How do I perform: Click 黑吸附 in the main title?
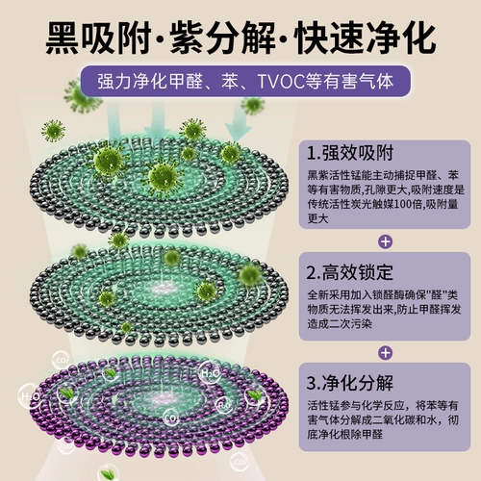[x=98, y=38]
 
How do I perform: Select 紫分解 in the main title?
[x=222, y=38]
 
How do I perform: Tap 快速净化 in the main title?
[x=366, y=38]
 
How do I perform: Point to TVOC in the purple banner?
[x=281, y=82]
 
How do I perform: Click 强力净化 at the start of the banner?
[x=133, y=82]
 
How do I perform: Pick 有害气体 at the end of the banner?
[x=358, y=82]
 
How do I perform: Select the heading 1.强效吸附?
[x=350, y=153]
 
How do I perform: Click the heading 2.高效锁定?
[x=350, y=272]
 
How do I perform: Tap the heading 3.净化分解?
[x=350, y=383]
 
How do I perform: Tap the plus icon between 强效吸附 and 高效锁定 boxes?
[x=385, y=241]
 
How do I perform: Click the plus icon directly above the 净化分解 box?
[x=385, y=353]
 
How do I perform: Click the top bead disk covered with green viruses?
[x=160, y=186]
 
